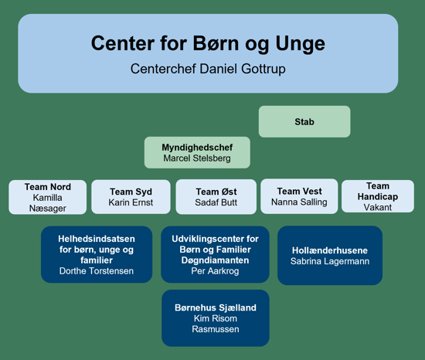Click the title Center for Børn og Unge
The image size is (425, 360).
click(208, 43)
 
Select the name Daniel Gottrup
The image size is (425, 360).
click(243, 69)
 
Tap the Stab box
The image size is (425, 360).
click(304, 121)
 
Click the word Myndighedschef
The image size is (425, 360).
click(197, 148)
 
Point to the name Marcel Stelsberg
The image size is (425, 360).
click(197, 158)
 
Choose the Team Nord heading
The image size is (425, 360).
click(48, 187)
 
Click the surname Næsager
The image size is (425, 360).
click(48, 209)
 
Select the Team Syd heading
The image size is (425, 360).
click(131, 192)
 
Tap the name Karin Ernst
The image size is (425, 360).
click(131, 202)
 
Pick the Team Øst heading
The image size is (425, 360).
click(216, 192)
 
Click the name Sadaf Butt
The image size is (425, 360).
click(216, 202)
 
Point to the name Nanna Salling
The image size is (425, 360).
click(299, 202)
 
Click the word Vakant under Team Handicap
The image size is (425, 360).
click(378, 207)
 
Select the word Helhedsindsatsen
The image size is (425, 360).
click(97, 239)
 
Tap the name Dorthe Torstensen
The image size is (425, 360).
click(97, 271)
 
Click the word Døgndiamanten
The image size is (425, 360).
click(216, 260)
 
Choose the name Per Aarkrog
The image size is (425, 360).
click(216, 271)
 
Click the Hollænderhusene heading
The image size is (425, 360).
click(330, 250)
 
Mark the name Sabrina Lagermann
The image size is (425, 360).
click(330, 261)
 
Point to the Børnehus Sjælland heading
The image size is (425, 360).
click(216, 307)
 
